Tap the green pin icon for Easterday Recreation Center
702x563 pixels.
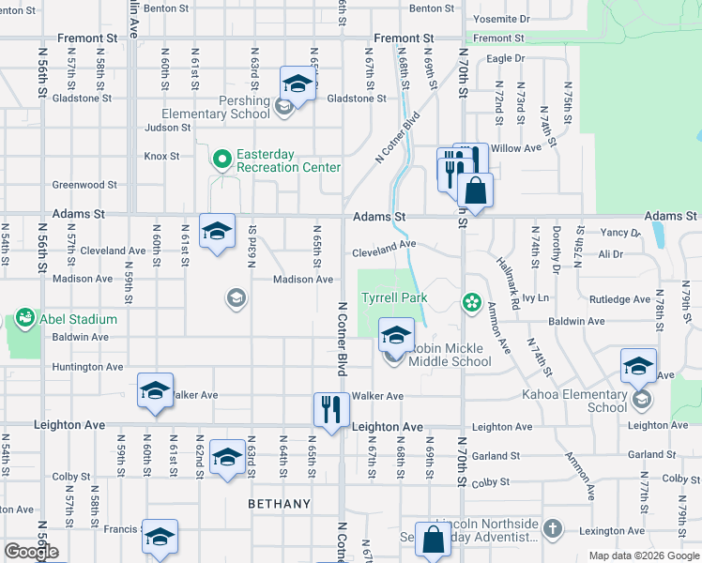pos(221,160)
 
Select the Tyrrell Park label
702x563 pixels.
pos(395,298)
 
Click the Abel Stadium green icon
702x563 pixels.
pos(23,318)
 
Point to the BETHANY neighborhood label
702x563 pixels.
pos(279,504)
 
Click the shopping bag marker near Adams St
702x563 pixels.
pos(476,190)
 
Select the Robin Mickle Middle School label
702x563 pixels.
pos(450,355)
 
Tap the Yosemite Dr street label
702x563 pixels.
pos(502,19)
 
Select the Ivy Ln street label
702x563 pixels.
pos(535,298)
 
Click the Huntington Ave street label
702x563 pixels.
pos(87,367)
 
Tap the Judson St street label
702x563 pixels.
pos(168,128)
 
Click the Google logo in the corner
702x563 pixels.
pos(31,552)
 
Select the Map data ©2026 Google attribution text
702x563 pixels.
pos(643,555)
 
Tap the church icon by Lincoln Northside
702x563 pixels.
pos(552,528)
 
